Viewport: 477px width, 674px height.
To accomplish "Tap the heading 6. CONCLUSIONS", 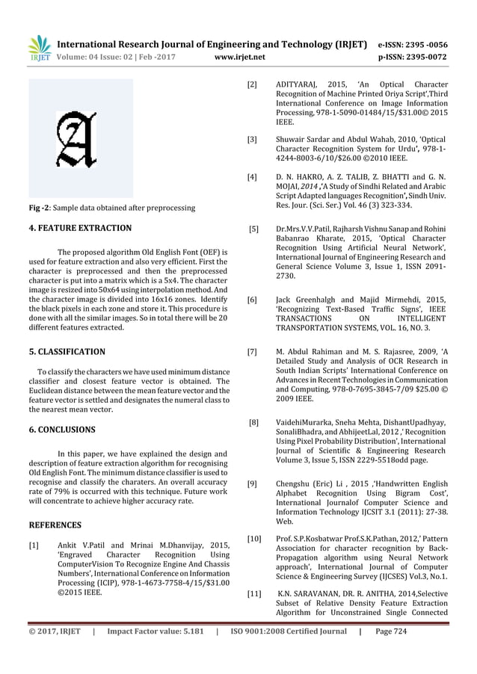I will pyautogui.click(x=61, y=430).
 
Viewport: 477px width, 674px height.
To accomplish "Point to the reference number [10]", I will pyautogui.click(x=254, y=538).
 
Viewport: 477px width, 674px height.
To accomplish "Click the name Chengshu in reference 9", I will pyautogui.click(x=295, y=483).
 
